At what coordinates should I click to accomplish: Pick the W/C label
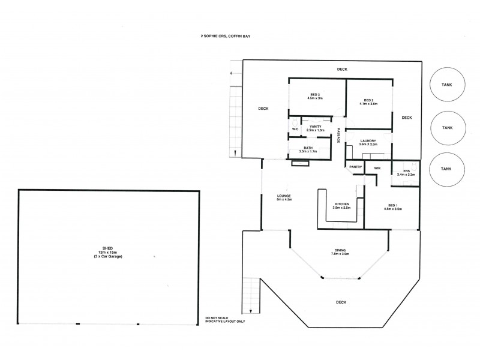[295, 129]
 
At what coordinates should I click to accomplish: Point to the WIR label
[377, 168]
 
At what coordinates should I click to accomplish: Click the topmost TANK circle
[447, 85]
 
